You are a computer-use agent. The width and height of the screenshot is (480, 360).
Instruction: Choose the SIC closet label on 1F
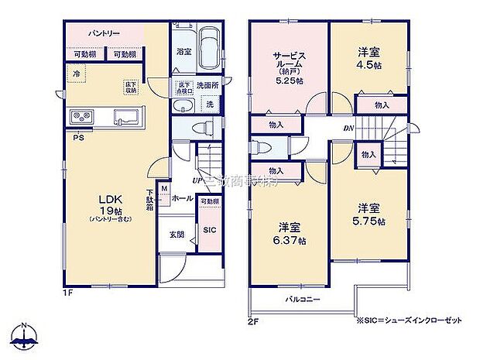coord(209,230)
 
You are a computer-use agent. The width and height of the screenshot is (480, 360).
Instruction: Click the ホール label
coord(183,198)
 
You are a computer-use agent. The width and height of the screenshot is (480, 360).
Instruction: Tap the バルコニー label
coord(296,298)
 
